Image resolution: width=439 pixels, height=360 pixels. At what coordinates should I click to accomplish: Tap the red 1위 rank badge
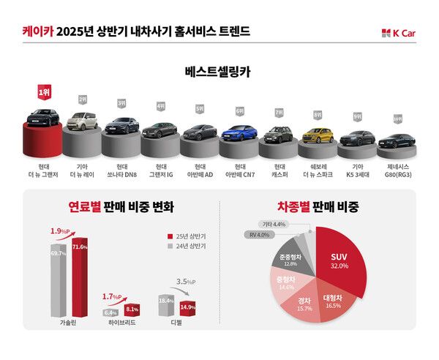click(x=44, y=93)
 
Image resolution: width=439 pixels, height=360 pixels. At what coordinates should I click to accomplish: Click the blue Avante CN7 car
click(x=239, y=133)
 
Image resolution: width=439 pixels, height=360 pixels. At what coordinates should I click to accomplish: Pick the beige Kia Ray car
click(x=81, y=118)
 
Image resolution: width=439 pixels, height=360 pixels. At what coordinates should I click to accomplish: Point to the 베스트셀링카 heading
click(x=219, y=72)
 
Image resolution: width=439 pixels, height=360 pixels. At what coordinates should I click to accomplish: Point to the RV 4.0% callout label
click(x=259, y=236)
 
